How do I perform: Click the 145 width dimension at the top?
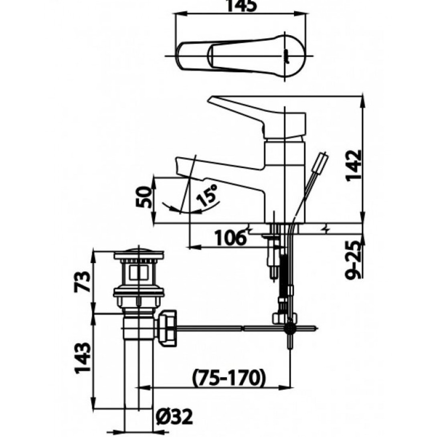(x=241, y=6)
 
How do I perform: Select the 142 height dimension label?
(x=353, y=166)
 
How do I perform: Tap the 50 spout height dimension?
(x=144, y=197)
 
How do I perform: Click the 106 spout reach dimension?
(x=231, y=238)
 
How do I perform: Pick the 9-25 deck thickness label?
(x=353, y=260)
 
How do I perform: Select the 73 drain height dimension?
(x=83, y=281)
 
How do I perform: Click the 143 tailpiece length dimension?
(x=83, y=357)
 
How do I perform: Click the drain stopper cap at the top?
(x=138, y=253)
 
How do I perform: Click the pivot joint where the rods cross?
(x=290, y=328)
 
